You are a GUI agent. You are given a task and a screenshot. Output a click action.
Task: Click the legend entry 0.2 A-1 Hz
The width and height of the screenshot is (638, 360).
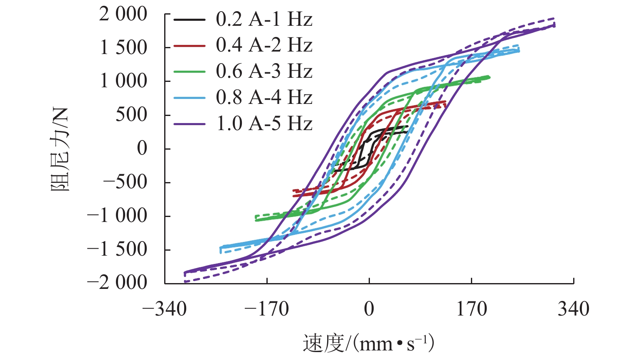click(x=264, y=20)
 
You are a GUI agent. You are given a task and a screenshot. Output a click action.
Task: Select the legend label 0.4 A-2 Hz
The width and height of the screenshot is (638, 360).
click(x=264, y=45)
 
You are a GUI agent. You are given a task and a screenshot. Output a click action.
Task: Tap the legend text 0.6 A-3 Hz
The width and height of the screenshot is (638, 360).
click(x=264, y=72)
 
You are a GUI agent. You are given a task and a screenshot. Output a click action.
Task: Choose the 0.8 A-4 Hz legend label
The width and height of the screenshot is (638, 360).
click(x=264, y=98)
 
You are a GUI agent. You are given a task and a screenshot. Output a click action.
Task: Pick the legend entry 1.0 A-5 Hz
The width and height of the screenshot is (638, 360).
click(x=264, y=124)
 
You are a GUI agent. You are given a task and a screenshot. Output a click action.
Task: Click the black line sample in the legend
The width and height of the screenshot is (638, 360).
click(x=190, y=20)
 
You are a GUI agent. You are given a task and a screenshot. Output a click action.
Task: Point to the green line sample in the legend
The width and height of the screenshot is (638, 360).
click(x=190, y=72)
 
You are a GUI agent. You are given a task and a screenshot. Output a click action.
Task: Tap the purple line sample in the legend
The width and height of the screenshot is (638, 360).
click(x=190, y=124)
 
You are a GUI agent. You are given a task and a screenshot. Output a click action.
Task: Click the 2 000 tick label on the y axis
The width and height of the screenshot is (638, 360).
click(x=123, y=15)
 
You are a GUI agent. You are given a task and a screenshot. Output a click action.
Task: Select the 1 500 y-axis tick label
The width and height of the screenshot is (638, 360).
click(x=124, y=48)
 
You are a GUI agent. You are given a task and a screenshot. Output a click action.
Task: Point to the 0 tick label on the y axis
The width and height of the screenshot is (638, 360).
click(x=142, y=148)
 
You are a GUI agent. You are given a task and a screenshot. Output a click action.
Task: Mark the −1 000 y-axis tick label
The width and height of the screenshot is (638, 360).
click(x=117, y=216)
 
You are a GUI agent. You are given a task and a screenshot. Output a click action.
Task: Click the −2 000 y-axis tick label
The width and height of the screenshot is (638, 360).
click(x=117, y=283)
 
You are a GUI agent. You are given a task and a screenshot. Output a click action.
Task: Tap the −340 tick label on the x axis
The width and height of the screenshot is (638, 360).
click(x=164, y=309)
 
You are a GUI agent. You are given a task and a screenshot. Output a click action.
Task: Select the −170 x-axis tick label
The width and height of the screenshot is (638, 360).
click(x=266, y=309)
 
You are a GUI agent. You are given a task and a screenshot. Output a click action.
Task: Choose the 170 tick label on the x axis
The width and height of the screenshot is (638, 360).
click(x=471, y=309)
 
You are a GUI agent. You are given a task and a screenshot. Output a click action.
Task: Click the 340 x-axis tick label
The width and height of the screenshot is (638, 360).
click(x=574, y=309)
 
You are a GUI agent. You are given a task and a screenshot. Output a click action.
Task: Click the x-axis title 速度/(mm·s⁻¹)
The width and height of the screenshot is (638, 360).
click(x=368, y=343)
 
